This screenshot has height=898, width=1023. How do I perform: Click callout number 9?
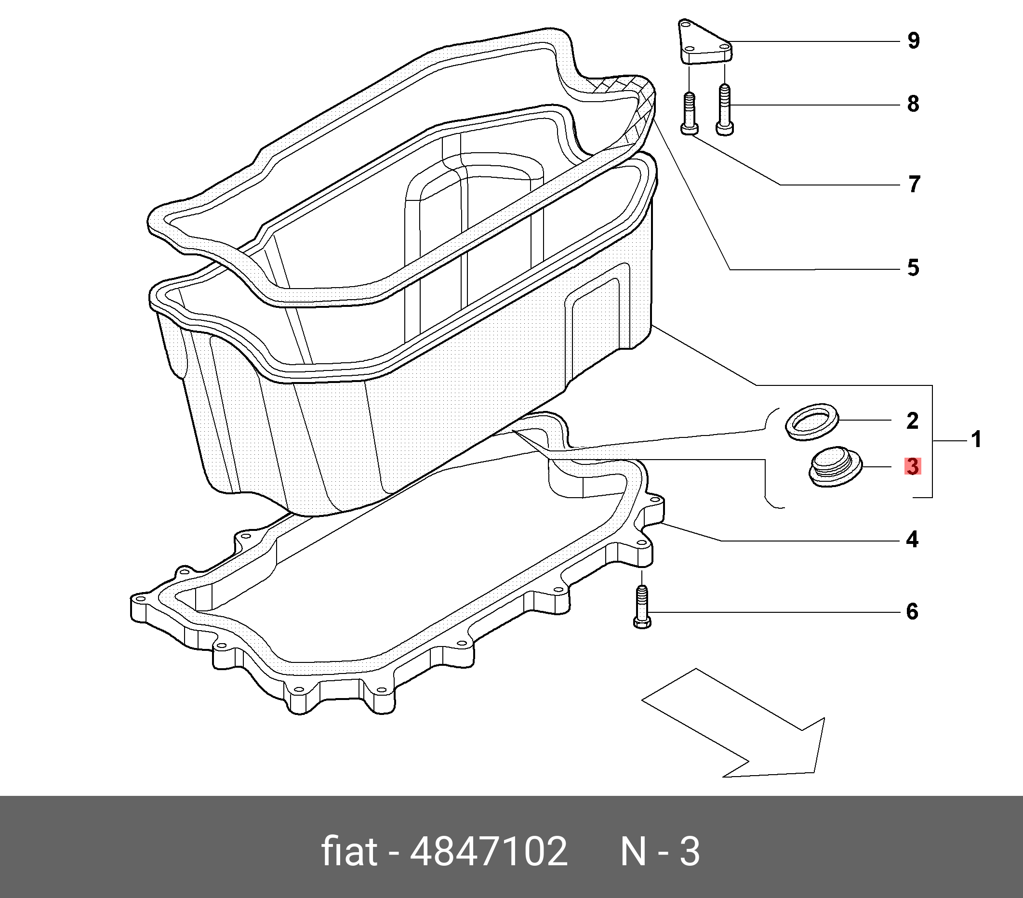point(914,41)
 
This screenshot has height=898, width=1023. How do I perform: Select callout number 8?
point(914,104)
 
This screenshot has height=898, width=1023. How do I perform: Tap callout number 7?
point(914,184)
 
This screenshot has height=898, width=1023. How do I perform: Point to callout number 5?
point(914,268)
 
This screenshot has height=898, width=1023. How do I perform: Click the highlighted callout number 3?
point(913,466)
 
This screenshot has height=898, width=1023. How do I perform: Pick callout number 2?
point(912,421)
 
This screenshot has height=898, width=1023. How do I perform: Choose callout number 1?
point(976,440)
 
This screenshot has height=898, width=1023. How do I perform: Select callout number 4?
point(912,540)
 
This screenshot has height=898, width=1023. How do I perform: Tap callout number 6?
point(912,612)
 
